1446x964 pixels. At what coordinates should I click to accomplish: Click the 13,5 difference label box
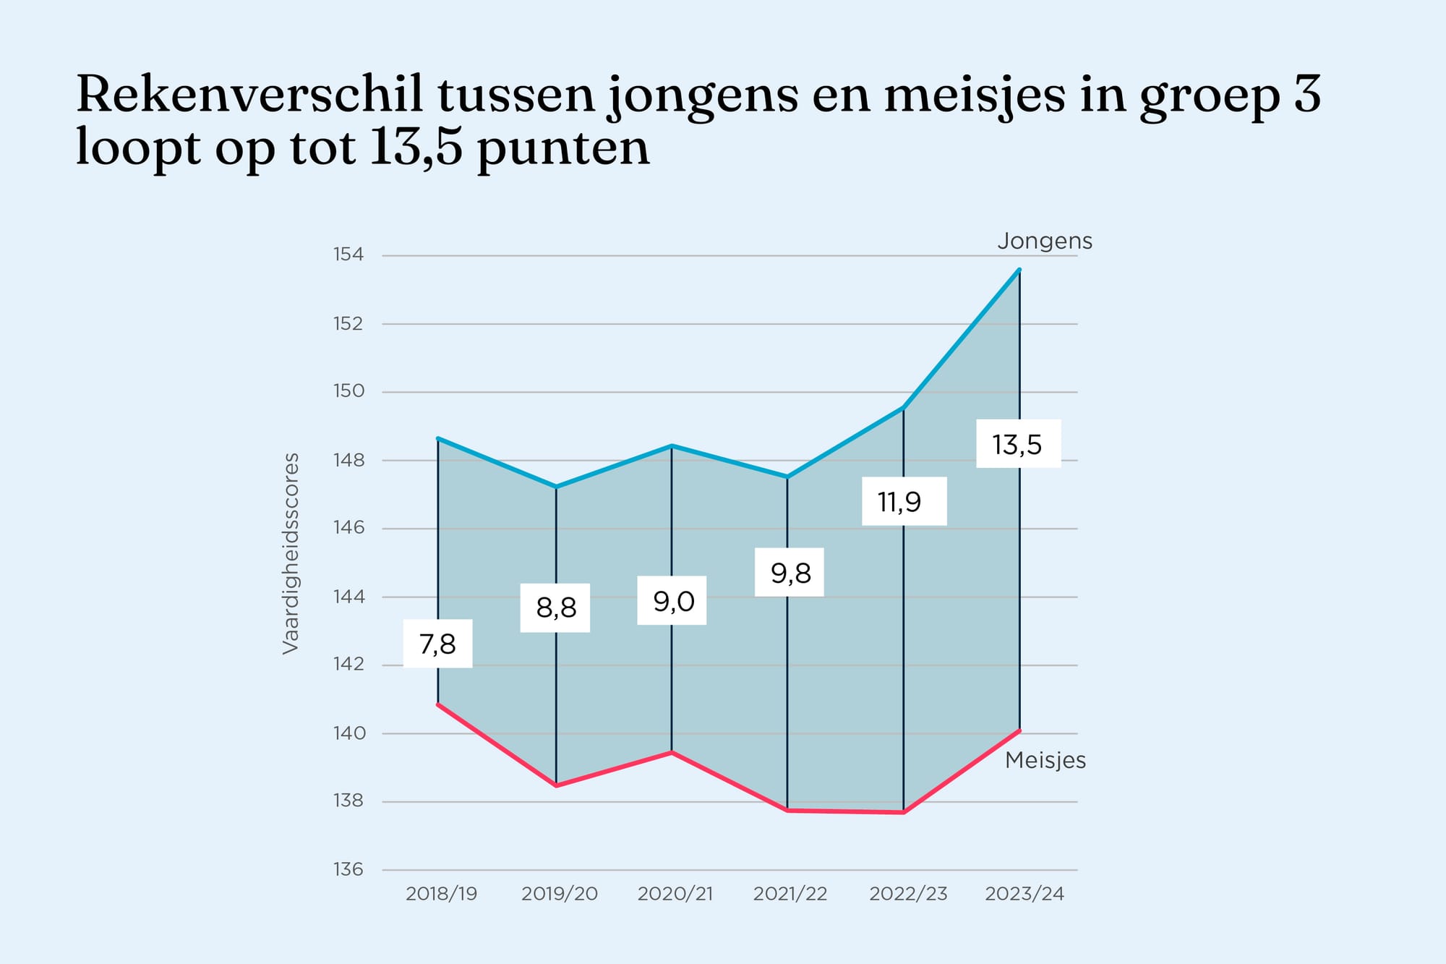pos(1018,444)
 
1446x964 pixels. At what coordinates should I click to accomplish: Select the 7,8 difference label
pos(437,644)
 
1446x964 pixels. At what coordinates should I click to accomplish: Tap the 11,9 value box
pos(904,501)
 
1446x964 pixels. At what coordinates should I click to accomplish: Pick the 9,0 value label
pos(672,601)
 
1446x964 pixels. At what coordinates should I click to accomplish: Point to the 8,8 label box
pos(555,608)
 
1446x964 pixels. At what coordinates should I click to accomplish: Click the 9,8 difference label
pos(790,573)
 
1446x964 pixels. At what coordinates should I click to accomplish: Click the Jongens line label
pos(1044,241)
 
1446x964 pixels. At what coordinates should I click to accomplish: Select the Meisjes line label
pos(1045,760)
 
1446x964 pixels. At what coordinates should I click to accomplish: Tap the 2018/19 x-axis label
pos(441,894)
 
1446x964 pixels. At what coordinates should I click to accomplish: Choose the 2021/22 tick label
pos(790,894)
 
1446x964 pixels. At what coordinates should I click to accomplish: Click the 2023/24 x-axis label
pos(1024,894)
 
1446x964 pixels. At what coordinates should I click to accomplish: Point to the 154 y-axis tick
pos(348,255)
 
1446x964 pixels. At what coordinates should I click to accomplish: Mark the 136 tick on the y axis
pos(348,869)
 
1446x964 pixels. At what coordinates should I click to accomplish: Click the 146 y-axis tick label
pos(348,528)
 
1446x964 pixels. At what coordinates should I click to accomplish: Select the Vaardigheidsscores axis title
pos(291,554)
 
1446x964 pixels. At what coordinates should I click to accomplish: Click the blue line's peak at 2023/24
pos(1019,270)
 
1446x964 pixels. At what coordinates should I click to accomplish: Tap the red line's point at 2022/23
pos(903,812)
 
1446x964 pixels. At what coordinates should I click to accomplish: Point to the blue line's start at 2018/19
pos(438,438)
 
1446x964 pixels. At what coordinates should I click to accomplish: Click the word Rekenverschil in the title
pos(249,95)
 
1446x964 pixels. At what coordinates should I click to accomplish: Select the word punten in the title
pos(563,148)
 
